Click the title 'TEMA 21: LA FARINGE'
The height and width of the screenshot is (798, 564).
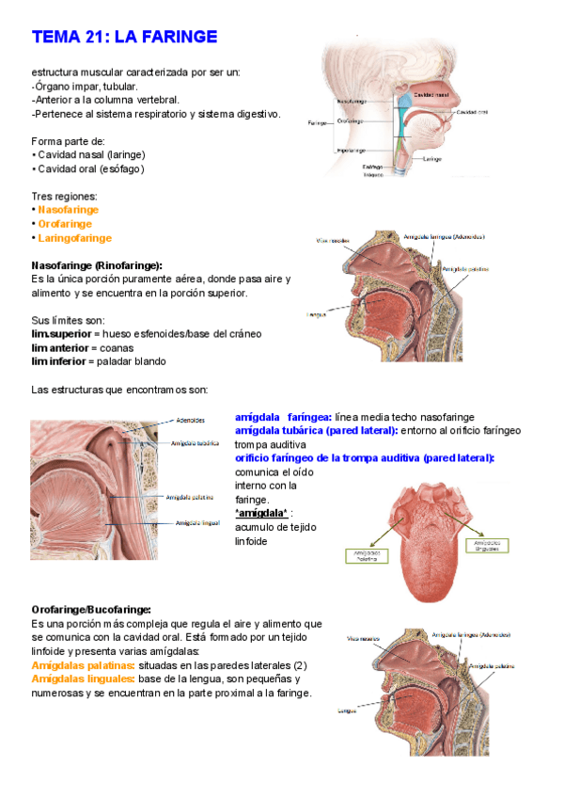tap(124, 37)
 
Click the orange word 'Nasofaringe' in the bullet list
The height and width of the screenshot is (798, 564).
tap(68, 210)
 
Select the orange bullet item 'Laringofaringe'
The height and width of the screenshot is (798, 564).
tap(74, 238)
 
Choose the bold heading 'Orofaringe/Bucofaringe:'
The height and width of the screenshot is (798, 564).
tap(91, 610)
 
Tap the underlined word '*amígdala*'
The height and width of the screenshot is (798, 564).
tap(260, 513)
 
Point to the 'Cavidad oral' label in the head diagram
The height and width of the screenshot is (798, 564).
tap(471, 112)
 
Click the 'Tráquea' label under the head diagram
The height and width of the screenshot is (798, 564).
tap(372, 176)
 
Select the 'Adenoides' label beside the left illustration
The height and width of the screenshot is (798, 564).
tap(191, 421)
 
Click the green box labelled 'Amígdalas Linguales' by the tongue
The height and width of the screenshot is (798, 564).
tap(488, 546)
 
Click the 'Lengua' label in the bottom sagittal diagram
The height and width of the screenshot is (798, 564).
tap(347, 711)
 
